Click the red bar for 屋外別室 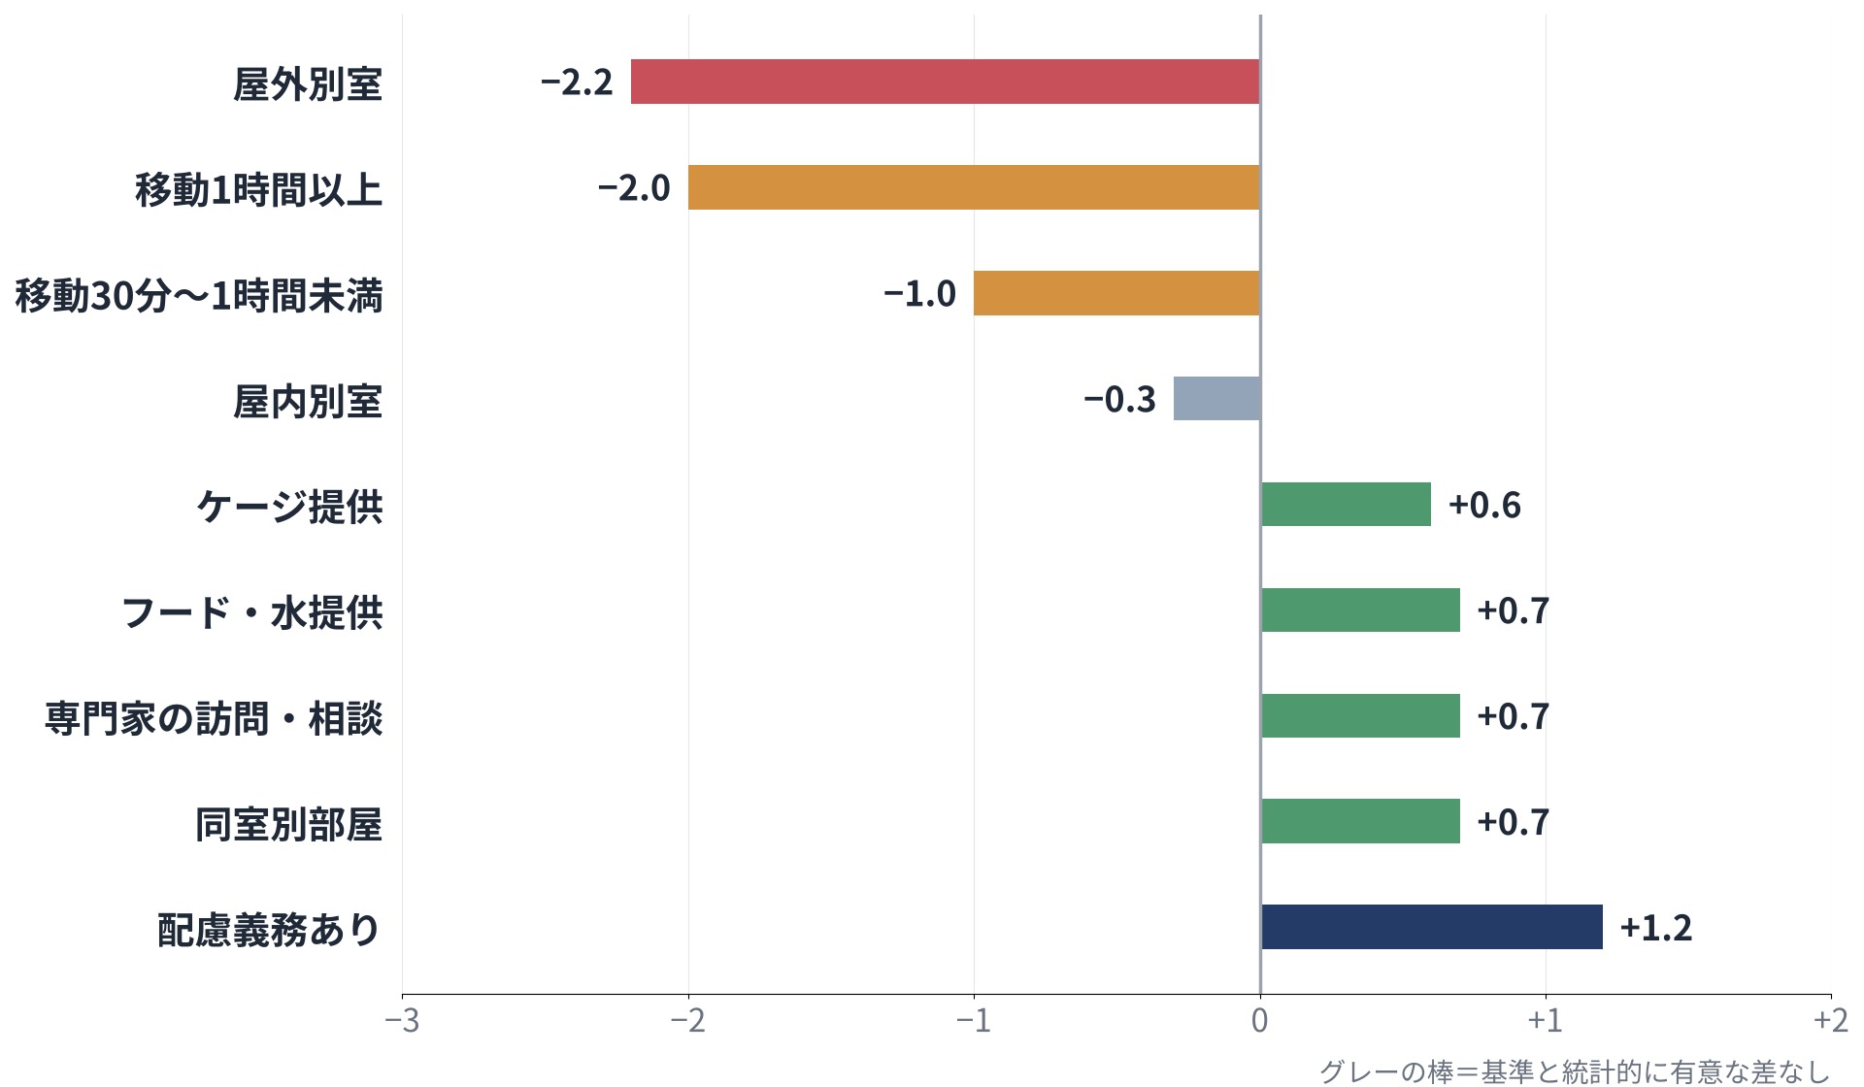(946, 82)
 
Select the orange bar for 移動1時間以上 (974, 187)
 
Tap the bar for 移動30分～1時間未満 (1116, 293)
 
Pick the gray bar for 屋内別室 (1216, 399)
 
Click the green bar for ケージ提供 (1346, 504)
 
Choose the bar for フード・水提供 (1360, 609)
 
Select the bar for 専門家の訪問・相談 (1360, 715)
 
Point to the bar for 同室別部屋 (1360, 821)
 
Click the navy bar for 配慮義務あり (1432, 927)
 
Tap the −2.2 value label (577, 82)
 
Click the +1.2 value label (1656, 928)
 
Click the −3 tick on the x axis (402, 1020)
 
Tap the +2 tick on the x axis (1831, 1020)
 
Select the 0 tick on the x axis (1260, 1020)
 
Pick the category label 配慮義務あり (270, 929)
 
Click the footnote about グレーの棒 (1575, 1071)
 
